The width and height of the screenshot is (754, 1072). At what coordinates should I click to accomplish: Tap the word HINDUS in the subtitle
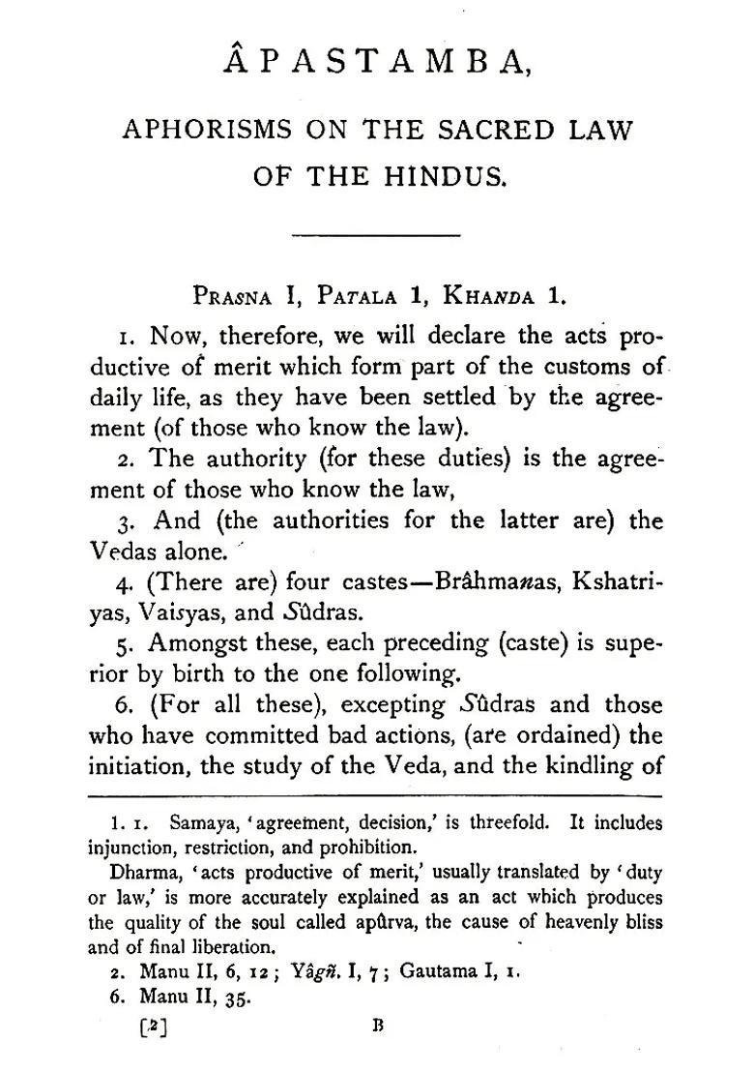[443, 177]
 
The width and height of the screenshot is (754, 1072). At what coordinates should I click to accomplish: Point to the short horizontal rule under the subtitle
[376, 234]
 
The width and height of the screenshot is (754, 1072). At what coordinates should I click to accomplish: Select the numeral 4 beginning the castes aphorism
[122, 583]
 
